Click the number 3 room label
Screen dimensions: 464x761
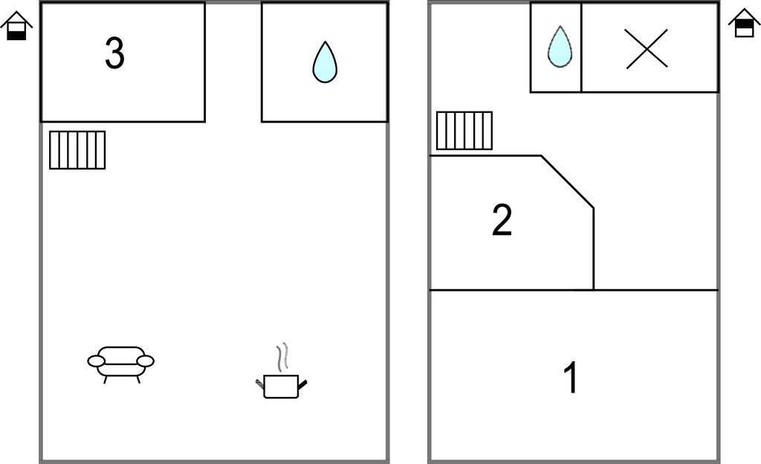tap(114, 54)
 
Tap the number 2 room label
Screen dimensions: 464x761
tap(502, 221)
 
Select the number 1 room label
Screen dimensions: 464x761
tap(571, 378)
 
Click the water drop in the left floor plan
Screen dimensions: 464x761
tap(325, 62)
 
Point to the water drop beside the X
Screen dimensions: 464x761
tap(559, 47)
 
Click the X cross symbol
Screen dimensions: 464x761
tap(647, 49)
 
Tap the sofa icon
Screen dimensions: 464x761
tap(120, 363)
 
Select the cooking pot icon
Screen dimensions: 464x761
tap(281, 385)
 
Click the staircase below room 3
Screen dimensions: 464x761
tap(77, 149)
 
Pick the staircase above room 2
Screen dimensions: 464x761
tap(464, 130)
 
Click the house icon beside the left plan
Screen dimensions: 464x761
tap(16, 26)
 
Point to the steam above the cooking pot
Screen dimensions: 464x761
tap(281, 358)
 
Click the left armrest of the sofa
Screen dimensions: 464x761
tap(96, 361)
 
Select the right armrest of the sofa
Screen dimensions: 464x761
tap(146, 361)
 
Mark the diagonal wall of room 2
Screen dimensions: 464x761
tap(567, 181)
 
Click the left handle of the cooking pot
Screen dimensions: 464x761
tap(260, 384)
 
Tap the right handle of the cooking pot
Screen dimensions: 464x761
tap(302, 384)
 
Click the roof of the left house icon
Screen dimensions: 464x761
tap(16, 19)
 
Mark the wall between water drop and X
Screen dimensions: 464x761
tap(581, 48)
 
